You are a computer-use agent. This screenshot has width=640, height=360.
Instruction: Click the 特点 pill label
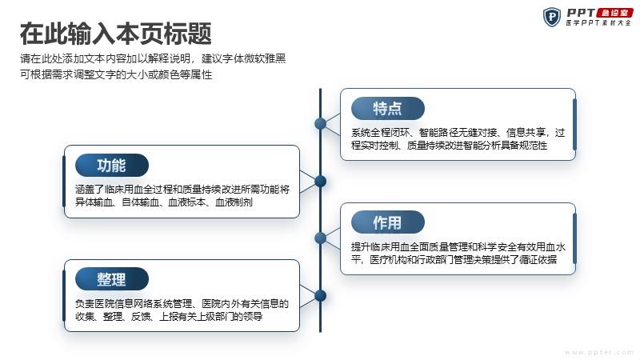(388, 109)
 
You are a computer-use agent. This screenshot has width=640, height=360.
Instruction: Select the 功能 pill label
(112, 166)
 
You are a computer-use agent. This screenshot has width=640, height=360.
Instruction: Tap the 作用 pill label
(388, 222)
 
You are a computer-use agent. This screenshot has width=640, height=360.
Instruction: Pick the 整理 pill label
(112, 279)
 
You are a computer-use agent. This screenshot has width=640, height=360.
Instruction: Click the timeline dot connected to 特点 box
(321, 124)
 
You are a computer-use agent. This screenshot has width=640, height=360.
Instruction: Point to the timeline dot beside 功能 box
(321, 181)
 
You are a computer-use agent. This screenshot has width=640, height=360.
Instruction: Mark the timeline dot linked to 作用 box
(321, 238)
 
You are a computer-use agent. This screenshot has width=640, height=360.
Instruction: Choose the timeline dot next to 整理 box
(321, 295)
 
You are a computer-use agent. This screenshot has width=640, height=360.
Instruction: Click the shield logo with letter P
(552, 17)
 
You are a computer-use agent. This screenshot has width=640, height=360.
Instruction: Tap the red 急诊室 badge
(614, 13)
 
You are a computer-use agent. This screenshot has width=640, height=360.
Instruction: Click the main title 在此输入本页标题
(116, 34)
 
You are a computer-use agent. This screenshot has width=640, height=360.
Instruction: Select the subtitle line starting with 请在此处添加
(153, 58)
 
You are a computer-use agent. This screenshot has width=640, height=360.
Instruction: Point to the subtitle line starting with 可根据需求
(116, 74)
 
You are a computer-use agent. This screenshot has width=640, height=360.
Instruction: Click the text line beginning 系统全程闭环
(458, 133)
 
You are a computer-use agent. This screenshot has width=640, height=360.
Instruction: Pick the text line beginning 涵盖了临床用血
(182, 190)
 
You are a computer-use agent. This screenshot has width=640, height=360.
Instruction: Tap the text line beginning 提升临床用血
(458, 247)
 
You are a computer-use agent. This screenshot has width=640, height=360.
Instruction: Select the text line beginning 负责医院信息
(182, 304)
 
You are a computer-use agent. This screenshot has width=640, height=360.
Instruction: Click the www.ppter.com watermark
(598, 352)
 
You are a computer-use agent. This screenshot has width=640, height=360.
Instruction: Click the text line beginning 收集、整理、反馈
(169, 316)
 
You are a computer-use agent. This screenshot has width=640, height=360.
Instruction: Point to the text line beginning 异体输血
(164, 202)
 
